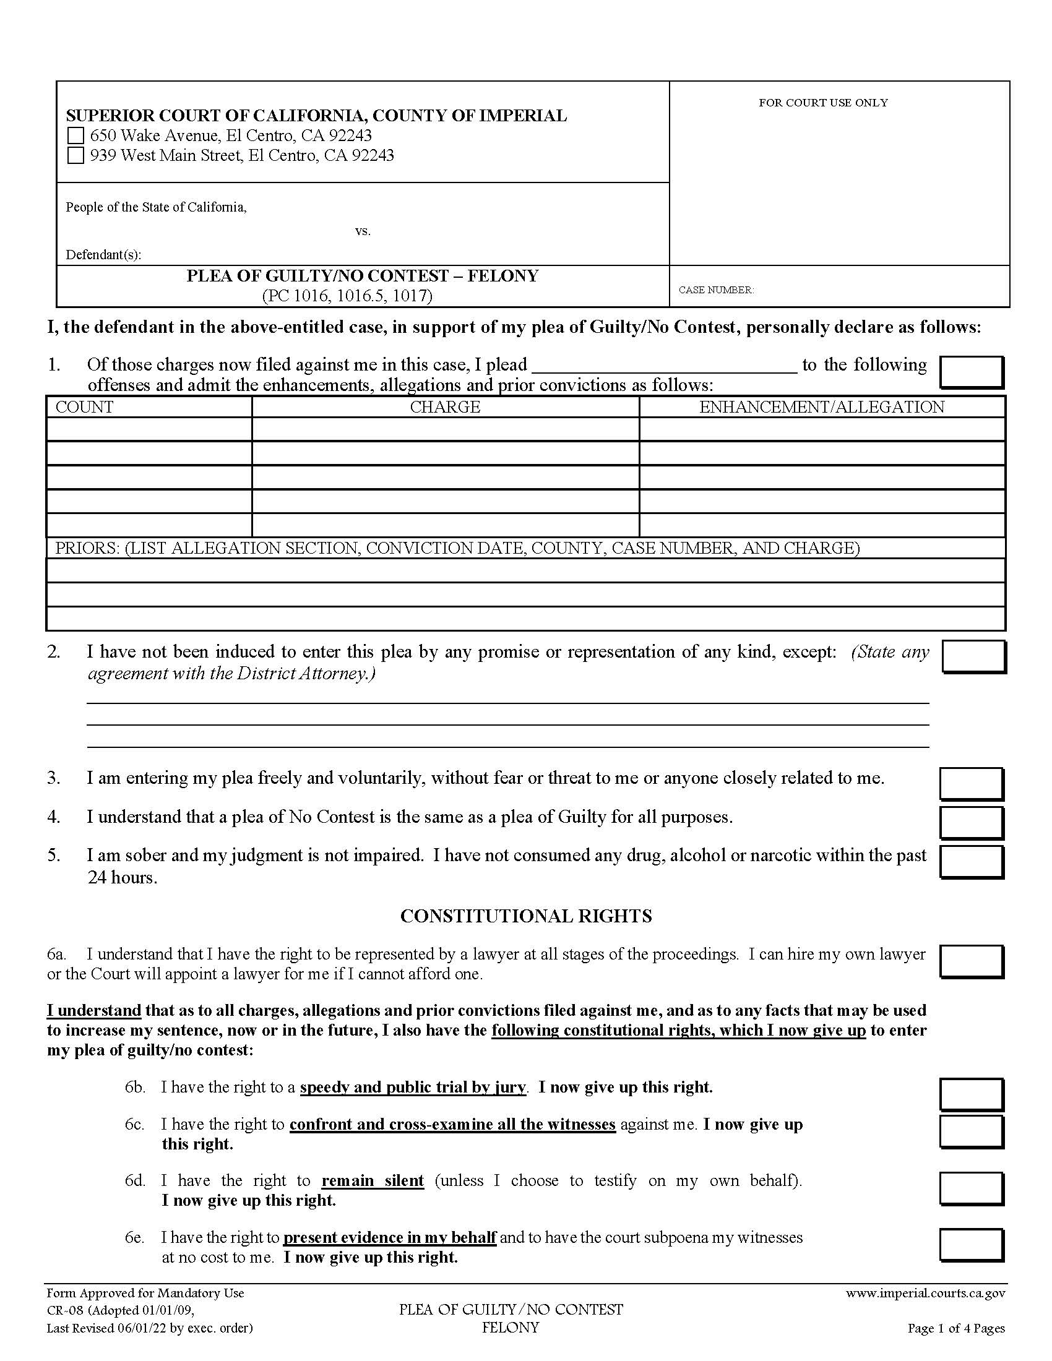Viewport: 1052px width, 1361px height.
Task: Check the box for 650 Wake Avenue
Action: click(x=75, y=136)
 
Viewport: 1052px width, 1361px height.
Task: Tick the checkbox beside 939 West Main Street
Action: click(x=75, y=155)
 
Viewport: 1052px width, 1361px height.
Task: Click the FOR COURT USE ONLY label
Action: click(x=822, y=103)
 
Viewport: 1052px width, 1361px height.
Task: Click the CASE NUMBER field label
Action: click(x=716, y=290)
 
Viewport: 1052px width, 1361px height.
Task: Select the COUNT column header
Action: click(x=84, y=407)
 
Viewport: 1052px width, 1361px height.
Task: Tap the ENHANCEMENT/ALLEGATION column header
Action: click(x=821, y=407)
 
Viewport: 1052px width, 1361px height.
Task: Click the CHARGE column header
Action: click(x=445, y=407)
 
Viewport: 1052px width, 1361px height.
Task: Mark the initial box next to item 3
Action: click(x=971, y=783)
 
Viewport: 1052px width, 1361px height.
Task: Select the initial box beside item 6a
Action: click(x=971, y=961)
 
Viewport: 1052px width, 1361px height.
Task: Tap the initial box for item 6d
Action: click(x=971, y=1189)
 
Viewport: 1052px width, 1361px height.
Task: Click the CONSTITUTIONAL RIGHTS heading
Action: click(x=526, y=916)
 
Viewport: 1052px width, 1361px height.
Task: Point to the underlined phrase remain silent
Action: click(x=373, y=1180)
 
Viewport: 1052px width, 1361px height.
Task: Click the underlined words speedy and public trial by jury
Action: click(x=413, y=1088)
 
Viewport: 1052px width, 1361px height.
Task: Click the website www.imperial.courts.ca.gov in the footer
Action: click(x=925, y=1293)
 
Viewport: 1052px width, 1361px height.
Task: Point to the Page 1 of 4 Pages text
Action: click(x=955, y=1328)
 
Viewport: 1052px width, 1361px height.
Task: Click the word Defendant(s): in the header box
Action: click(x=103, y=255)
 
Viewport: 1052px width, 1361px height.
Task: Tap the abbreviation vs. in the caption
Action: click(x=363, y=231)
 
